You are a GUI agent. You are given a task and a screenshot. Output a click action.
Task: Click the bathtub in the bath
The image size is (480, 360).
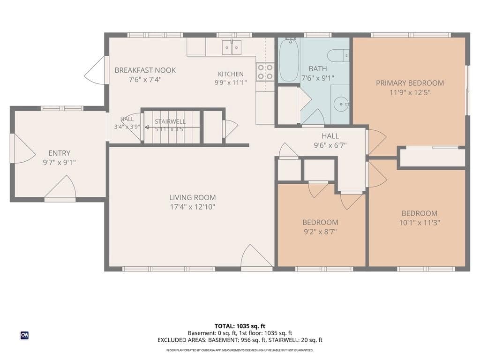[x=289, y=60]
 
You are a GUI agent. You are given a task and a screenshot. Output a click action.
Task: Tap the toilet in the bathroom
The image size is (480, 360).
[x=338, y=56]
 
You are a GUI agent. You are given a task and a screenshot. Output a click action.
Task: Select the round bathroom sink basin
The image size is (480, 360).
[x=341, y=104]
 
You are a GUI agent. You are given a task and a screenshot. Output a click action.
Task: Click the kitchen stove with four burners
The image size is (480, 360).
[x=265, y=72]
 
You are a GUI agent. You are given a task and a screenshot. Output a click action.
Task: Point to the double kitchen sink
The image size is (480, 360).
[x=232, y=47]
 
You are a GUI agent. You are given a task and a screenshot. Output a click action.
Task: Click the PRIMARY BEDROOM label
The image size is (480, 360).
[x=410, y=83]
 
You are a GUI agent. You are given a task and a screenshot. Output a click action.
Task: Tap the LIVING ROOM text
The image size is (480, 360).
[x=193, y=197]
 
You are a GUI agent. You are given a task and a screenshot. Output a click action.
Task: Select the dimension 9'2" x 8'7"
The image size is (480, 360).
[x=320, y=232]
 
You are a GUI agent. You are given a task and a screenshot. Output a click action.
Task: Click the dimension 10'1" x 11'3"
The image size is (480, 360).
[x=420, y=223]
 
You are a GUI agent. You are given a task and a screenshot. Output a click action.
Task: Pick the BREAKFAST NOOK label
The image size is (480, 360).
[x=145, y=70]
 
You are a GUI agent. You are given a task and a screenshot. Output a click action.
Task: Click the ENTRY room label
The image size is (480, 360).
[x=60, y=153]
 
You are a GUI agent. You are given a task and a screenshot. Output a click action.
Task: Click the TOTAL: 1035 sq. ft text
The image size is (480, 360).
[x=240, y=326]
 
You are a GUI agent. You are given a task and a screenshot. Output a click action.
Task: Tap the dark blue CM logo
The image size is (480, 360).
[x=24, y=335]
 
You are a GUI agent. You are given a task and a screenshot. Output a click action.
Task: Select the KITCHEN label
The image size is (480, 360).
[x=231, y=74]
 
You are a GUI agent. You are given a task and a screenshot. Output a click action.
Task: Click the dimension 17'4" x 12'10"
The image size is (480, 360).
[x=193, y=207]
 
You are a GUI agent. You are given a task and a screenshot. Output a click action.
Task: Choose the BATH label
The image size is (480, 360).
[x=318, y=68]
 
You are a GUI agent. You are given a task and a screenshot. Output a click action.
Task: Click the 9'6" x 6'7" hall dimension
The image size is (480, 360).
[x=330, y=145]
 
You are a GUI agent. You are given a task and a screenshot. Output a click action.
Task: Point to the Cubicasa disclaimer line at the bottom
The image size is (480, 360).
[x=240, y=350]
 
